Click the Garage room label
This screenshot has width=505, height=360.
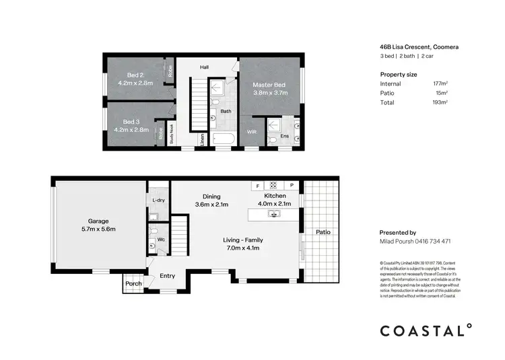(x=98, y=221)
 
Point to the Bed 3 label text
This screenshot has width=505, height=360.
(x=131, y=122)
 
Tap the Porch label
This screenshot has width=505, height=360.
(x=133, y=284)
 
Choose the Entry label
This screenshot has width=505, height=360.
(x=167, y=275)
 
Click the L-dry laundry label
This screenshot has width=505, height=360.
(x=158, y=201)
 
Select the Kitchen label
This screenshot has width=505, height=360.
(x=275, y=196)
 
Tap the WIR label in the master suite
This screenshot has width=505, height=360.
(x=252, y=132)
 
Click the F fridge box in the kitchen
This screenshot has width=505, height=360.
(x=257, y=185)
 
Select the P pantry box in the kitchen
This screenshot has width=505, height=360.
(x=292, y=185)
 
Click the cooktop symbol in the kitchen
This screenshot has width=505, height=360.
(x=274, y=185)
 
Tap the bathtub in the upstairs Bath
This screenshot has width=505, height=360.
(x=222, y=140)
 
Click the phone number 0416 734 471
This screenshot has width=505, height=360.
(x=432, y=241)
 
